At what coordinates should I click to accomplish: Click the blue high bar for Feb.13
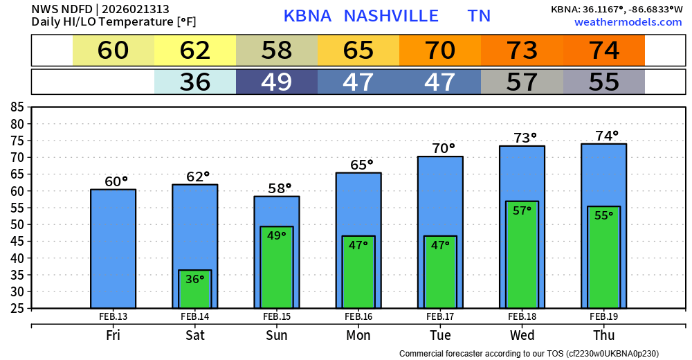(113, 249)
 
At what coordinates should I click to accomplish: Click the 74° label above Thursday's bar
(606, 136)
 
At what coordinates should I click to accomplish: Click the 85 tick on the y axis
(17, 107)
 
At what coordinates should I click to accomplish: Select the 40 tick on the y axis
(17, 258)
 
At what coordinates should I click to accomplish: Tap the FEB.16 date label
(358, 317)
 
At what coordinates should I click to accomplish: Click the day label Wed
(522, 336)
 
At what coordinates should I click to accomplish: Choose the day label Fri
(113, 336)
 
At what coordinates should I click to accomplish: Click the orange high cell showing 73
(522, 51)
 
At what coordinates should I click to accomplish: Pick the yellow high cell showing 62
(195, 51)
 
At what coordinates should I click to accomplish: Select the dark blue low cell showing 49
(277, 82)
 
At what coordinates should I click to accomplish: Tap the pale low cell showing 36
(195, 82)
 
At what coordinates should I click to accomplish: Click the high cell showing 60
(113, 51)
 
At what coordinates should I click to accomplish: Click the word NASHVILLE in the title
(391, 16)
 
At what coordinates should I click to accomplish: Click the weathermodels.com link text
(628, 22)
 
